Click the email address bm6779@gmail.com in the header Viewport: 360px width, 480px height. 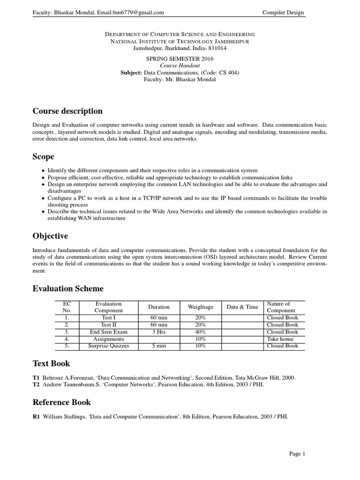(138, 13)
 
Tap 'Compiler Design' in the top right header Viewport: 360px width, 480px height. (283, 13)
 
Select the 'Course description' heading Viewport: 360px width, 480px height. (67, 111)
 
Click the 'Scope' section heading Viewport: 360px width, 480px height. (43, 157)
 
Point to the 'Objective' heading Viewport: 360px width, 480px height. (50, 236)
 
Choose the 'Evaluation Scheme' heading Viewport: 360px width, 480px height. (68, 288)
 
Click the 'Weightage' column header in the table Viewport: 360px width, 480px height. (201, 307)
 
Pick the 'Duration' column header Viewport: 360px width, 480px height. (159, 307)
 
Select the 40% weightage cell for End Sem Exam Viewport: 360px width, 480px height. (201, 332)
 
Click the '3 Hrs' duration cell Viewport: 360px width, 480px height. (159, 332)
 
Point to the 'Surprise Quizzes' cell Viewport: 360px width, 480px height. (108, 346)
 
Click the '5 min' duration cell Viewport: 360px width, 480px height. (159, 346)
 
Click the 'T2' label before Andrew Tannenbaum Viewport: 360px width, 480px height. (36, 385)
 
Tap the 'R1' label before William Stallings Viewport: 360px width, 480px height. (37, 415)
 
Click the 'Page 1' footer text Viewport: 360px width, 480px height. (297, 453)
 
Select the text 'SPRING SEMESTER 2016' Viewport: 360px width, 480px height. (180, 59)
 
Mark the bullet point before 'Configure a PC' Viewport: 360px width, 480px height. (44, 198)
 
